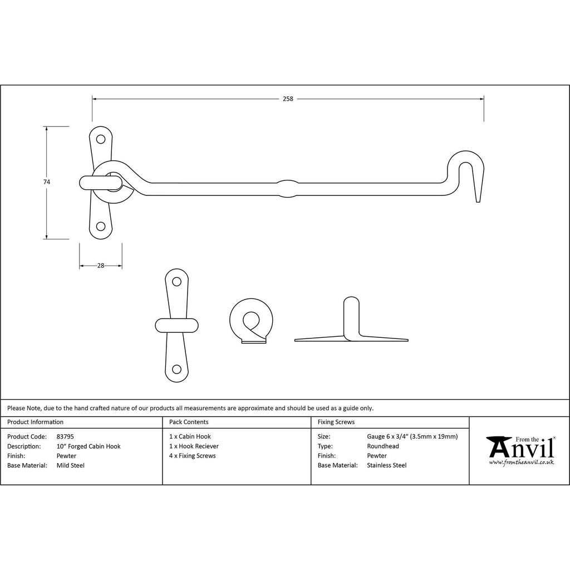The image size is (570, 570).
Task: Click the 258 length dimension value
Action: click(x=288, y=99)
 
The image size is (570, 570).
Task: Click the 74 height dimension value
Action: click(x=47, y=182)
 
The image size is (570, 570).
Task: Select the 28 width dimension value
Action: click(x=101, y=266)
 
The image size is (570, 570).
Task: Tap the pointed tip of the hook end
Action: click(x=478, y=201)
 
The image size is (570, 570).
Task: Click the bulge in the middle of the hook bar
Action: click(x=288, y=188)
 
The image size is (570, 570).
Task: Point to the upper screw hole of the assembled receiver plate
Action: click(x=101, y=139)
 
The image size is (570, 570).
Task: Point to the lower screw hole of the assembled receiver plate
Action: click(x=101, y=227)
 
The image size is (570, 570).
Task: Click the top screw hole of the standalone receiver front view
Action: click(x=176, y=282)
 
